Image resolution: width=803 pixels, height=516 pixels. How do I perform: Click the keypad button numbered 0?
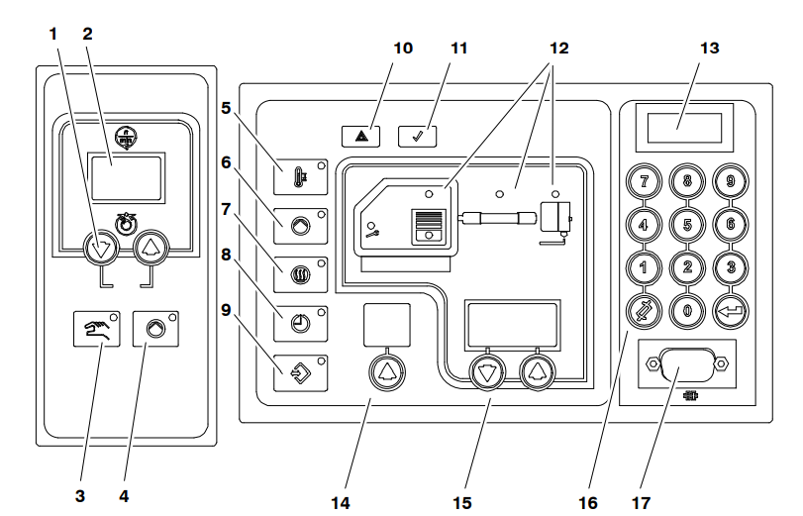tap(686, 310)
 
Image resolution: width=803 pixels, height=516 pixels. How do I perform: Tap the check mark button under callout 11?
tap(418, 135)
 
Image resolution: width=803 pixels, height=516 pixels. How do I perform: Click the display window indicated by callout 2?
tap(127, 177)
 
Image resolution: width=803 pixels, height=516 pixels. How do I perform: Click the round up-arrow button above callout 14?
tap(384, 371)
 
